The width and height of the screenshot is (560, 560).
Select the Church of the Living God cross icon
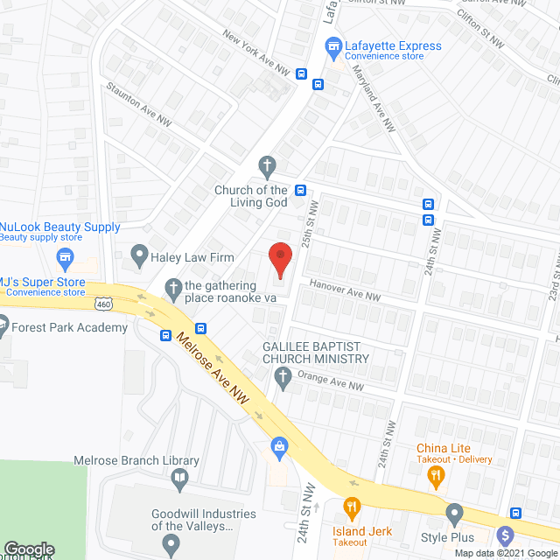click(x=268, y=164)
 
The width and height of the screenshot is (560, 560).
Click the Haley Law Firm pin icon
click(x=138, y=255)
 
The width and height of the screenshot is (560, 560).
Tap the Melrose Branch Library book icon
click(x=179, y=478)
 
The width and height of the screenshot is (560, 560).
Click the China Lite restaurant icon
click(x=435, y=477)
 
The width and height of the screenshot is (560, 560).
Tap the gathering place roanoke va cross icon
click(x=173, y=286)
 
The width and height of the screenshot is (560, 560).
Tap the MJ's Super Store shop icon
click(x=63, y=257)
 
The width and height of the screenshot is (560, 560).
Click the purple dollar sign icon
click(x=505, y=535)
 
